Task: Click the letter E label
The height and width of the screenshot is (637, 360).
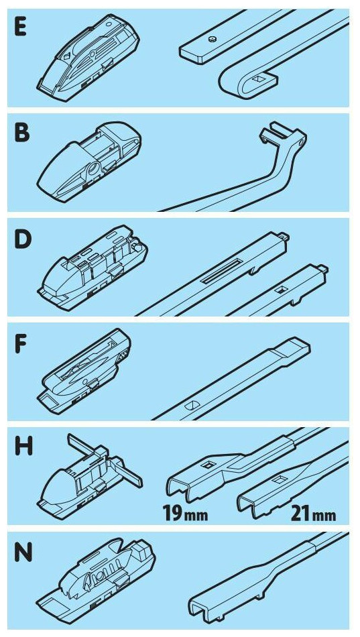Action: click(21, 27)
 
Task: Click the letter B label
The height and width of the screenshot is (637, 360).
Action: click(22, 133)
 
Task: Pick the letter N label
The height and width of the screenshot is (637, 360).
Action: click(23, 554)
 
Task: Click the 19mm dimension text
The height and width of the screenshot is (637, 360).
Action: click(185, 514)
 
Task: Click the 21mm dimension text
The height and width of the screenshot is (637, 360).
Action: click(313, 514)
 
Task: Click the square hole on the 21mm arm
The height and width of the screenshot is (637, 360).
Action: click(279, 481)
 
